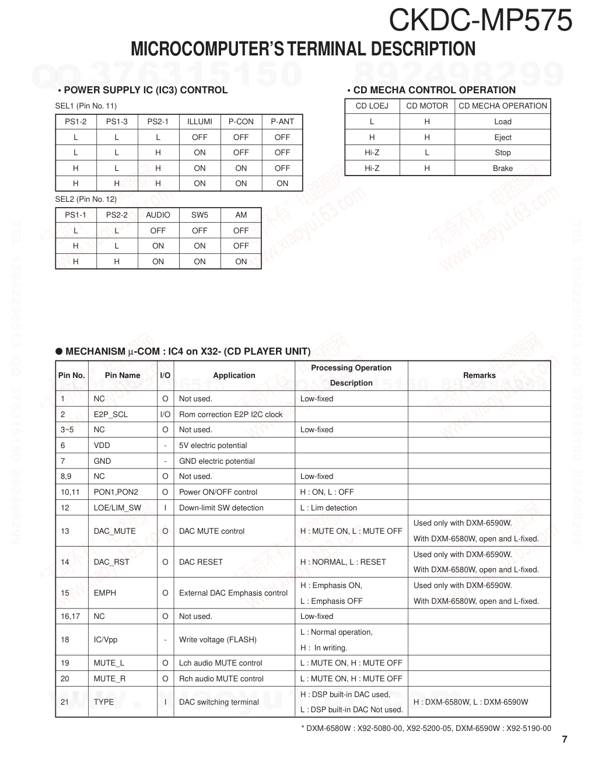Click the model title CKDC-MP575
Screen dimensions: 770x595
coord(480,20)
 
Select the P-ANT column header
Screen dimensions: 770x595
coord(282,122)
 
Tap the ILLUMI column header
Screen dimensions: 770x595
coord(199,122)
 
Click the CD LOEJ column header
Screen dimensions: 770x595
coord(372,106)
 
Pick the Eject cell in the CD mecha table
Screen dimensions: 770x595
coord(502,138)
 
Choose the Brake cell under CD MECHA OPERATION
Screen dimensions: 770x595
coord(502,169)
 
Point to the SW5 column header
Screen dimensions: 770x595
coord(199,215)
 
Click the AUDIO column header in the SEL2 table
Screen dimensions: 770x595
coord(158,215)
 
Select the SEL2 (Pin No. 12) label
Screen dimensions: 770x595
coord(86,199)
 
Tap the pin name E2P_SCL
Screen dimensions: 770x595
coord(111,415)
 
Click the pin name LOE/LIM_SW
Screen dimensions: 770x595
coord(117,508)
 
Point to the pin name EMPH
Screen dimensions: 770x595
coord(105,593)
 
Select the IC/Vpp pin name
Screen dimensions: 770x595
coord(106,640)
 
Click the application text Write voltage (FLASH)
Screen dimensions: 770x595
coord(218,640)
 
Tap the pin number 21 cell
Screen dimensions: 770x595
coord(65,702)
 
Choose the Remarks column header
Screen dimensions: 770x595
coord(479,376)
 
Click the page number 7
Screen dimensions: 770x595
coord(564,740)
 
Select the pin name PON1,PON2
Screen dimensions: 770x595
coord(116,492)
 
